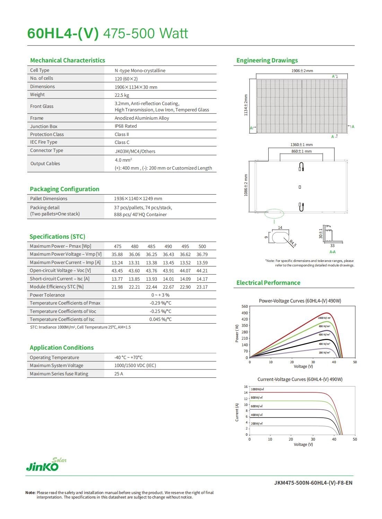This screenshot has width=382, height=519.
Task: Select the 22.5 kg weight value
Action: coord(122,95)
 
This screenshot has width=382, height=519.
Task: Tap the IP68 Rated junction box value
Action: coord(125,126)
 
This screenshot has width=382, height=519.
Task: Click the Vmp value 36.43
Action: coord(168,255)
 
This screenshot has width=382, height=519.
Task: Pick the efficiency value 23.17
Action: coord(202,287)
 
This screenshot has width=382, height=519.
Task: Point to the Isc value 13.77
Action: coord(117,279)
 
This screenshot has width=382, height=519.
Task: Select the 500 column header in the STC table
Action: coord(202,246)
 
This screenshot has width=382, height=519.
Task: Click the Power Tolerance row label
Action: coord(47,295)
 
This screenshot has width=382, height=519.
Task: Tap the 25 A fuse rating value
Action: coord(119,374)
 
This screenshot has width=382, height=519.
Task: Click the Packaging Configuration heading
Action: coord(64,189)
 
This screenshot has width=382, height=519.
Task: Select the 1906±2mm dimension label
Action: coord(302,71)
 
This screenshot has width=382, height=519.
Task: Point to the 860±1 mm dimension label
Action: coord(301,151)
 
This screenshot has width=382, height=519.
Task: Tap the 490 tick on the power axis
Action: coord(245,313)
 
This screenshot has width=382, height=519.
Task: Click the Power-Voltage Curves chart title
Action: coord(300,301)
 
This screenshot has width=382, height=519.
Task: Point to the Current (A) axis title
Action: coord(237,412)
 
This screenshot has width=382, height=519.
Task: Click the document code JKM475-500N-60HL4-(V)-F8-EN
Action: coord(313,483)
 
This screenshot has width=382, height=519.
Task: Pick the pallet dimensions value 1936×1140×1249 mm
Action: coord(138,199)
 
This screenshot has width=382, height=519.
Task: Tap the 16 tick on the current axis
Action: coord(246,387)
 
